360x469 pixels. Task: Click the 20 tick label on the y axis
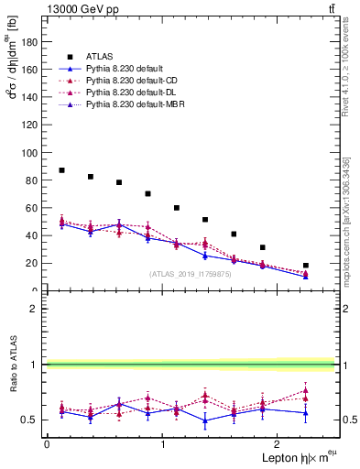point(32,263)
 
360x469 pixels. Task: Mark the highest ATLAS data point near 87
point(61,170)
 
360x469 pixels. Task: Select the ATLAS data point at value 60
point(177,208)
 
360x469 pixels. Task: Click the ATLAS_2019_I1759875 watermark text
point(189,273)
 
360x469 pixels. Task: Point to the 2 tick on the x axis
point(278,443)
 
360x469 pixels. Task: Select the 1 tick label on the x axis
point(163,443)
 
